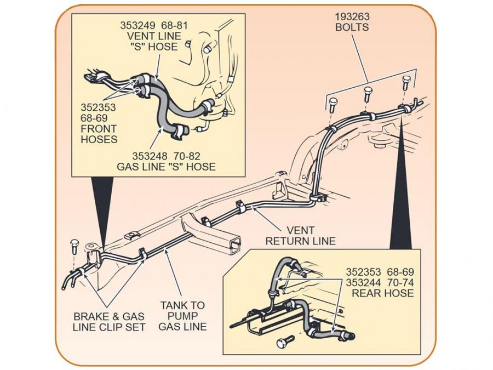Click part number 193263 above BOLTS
(352, 16)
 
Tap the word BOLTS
(352, 27)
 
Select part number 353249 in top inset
(138, 25)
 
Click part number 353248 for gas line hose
(150, 156)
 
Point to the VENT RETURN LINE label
(301, 236)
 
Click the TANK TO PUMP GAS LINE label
(182, 316)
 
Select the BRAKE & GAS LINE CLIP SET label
(109, 322)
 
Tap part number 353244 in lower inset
(364, 282)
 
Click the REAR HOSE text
(383, 293)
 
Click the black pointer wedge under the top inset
(102, 208)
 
